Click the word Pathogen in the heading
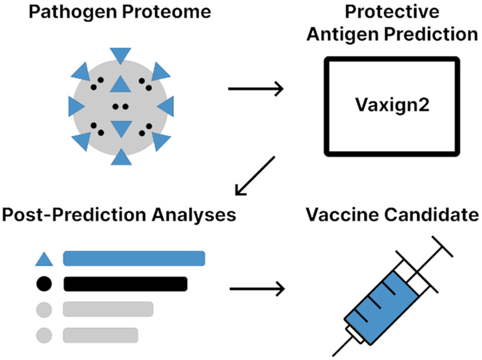tap(73, 13)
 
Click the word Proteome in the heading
tap(166, 12)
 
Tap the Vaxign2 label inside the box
tap(392, 105)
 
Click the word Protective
tap(392, 12)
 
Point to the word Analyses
tap(194, 214)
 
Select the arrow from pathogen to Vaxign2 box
tap(256, 89)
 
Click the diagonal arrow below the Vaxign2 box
tap(255, 176)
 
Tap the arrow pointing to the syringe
tap(257, 289)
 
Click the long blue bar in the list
tap(134, 258)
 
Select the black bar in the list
tap(126, 284)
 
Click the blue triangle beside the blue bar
tap(45, 260)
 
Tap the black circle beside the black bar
tap(44, 284)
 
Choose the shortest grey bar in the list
tap(100, 336)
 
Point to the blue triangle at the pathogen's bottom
tap(121, 158)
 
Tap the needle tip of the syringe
tap(333, 356)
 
